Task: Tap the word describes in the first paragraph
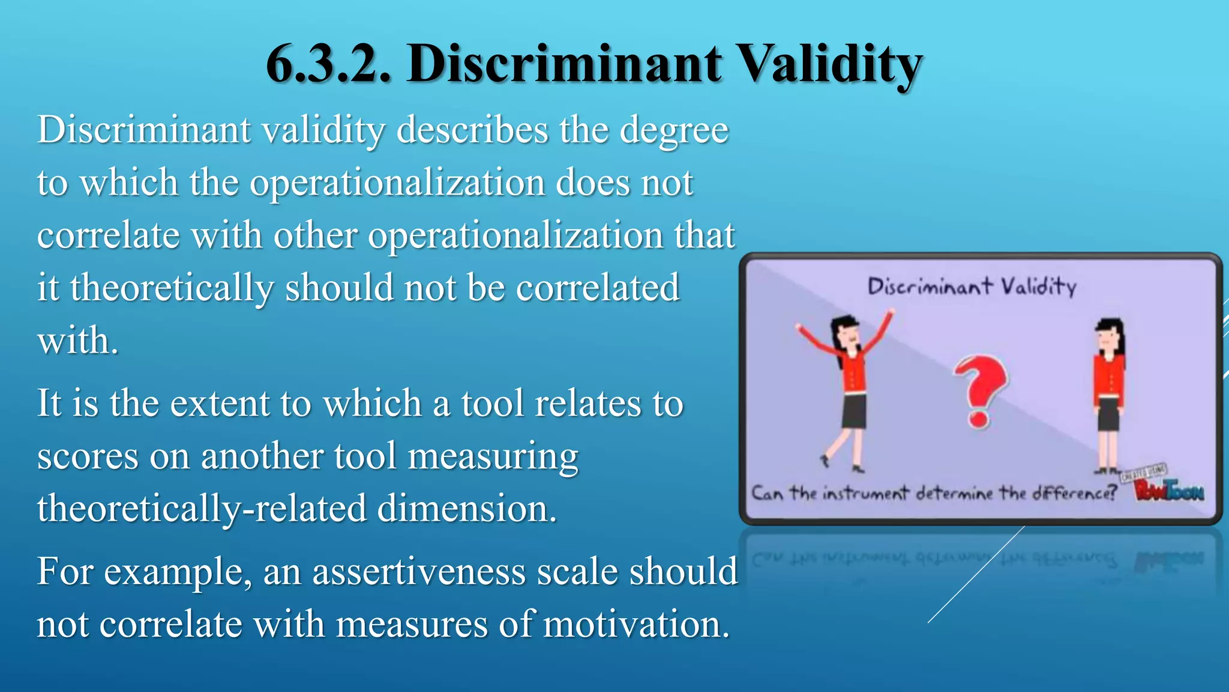pos(472,130)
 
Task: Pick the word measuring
pos(493,457)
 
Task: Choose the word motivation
pos(636,624)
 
